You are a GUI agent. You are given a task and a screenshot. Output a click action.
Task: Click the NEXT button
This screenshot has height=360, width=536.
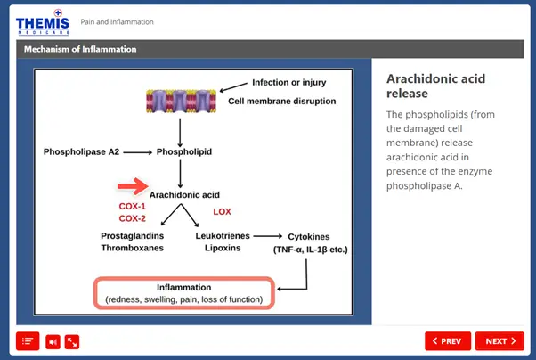coord(499,340)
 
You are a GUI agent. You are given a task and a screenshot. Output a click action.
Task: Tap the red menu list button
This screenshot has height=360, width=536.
coord(28,340)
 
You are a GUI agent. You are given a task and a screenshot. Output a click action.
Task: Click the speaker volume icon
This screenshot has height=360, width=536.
coord(53,340)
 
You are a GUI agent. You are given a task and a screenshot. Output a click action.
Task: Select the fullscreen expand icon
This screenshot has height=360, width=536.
coord(72,340)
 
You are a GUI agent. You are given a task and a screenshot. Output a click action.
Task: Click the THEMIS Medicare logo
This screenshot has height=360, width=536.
coord(42,22)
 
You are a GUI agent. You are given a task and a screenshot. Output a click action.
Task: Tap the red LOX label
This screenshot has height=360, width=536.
coord(222,211)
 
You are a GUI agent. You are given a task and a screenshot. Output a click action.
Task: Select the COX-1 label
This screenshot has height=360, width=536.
coord(132,206)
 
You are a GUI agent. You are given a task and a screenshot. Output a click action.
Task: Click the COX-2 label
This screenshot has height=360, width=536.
coord(132,218)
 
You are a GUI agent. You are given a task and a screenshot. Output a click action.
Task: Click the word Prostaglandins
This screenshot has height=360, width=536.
coord(135,236)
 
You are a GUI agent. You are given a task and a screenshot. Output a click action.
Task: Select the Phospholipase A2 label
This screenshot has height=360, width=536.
coord(81,152)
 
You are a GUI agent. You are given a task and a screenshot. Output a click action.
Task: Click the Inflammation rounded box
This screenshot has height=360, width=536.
coord(184,293)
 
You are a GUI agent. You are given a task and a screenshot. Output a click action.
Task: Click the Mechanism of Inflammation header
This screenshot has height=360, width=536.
coord(80,49)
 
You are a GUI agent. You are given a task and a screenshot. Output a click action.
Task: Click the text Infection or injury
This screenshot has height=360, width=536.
coord(289,82)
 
